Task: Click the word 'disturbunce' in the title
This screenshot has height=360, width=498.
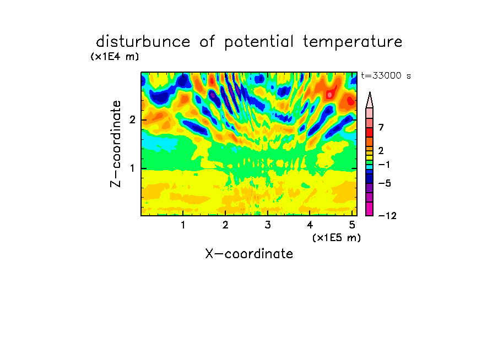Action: point(143,42)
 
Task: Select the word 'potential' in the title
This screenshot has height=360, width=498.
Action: point(259,42)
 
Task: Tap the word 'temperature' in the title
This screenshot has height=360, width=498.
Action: point(353,42)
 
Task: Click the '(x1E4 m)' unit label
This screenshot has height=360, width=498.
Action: point(115,57)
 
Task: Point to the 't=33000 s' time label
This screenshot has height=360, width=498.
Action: point(386,75)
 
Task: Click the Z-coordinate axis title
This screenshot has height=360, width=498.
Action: point(116,144)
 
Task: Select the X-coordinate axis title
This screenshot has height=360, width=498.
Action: point(249,254)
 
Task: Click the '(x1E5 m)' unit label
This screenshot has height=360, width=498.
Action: point(337,238)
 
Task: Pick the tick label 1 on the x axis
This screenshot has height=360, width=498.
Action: point(183,225)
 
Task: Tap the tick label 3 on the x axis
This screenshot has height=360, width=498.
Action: point(268,225)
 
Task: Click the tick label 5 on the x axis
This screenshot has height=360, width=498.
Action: point(352,225)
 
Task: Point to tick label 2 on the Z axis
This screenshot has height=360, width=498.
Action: point(132,120)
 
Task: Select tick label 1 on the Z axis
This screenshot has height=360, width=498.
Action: point(132,168)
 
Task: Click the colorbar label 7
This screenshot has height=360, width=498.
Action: point(381,128)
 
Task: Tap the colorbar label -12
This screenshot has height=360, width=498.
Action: point(387,216)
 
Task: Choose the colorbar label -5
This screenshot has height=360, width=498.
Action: point(385,183)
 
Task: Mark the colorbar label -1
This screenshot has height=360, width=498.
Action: point(384,165)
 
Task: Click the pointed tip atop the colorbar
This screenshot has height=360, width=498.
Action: point(370,92)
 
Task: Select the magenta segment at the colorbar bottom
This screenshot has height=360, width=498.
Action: point(370,209)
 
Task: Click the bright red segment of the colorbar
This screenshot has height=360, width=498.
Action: point(370,132)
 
